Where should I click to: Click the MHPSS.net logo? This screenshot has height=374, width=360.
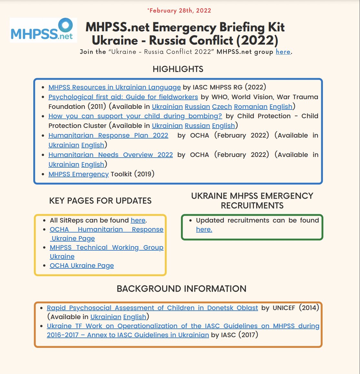pos(43,30)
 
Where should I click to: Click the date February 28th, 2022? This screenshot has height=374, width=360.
pos(179,10)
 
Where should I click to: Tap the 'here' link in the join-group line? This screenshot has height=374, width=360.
pos(283,52)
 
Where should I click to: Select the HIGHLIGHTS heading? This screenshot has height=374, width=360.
pos(178,69)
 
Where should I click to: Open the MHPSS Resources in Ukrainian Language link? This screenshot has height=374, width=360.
pos(115,87)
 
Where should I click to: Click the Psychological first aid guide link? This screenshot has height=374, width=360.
pos(123,97)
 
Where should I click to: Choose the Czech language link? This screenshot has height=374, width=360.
pos(222,107)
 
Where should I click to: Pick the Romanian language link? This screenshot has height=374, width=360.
pos(251,107)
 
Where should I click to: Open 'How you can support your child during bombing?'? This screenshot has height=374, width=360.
pos(135,116)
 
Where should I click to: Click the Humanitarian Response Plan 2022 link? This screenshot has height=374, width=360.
pos(108,135)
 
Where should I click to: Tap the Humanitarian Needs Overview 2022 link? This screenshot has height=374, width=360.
pos(111,155)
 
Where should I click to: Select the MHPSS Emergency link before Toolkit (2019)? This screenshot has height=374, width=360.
pos(78,174)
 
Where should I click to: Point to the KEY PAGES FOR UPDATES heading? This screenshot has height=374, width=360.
pos(100,201)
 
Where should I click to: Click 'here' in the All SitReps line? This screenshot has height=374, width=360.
pos(138,220)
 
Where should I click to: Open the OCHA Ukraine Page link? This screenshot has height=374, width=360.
pos(82,265)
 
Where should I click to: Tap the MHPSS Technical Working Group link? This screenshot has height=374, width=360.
pos(106,247)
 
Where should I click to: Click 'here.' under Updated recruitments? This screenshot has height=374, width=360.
pos(204,229)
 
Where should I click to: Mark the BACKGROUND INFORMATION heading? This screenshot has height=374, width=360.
pos(181,288)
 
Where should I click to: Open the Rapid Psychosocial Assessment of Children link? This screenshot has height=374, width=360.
pos(152,308)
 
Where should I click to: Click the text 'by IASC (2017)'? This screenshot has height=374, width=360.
pos(235,335)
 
